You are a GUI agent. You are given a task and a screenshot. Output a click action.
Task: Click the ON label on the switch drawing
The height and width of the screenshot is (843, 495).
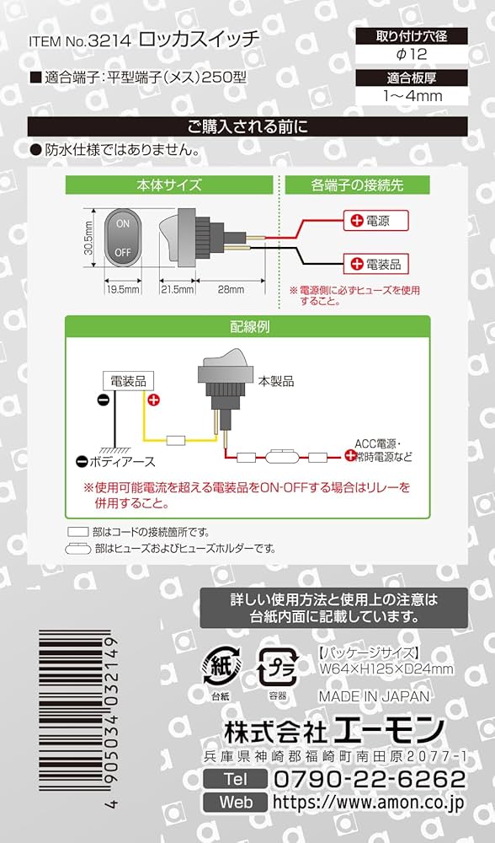click(x=122, y=223)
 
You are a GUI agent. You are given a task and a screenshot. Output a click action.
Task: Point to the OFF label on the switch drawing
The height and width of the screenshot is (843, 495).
click(x=122, y=251)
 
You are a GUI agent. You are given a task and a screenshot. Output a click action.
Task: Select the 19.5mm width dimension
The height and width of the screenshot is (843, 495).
click(x=123, y=289)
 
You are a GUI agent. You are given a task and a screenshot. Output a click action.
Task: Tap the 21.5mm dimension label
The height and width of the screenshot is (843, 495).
click(x=177, y=289)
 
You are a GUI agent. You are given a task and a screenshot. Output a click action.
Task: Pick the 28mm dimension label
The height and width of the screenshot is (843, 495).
click(x=230, y=289)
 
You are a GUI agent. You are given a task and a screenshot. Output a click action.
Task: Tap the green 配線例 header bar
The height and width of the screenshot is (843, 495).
click(x=247, y=325)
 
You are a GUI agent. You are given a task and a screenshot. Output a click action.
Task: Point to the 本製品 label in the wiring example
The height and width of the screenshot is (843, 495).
click(x=275, y=381)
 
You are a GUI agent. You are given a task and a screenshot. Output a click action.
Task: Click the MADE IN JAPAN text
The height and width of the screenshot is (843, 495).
click(x=374, y=696)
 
